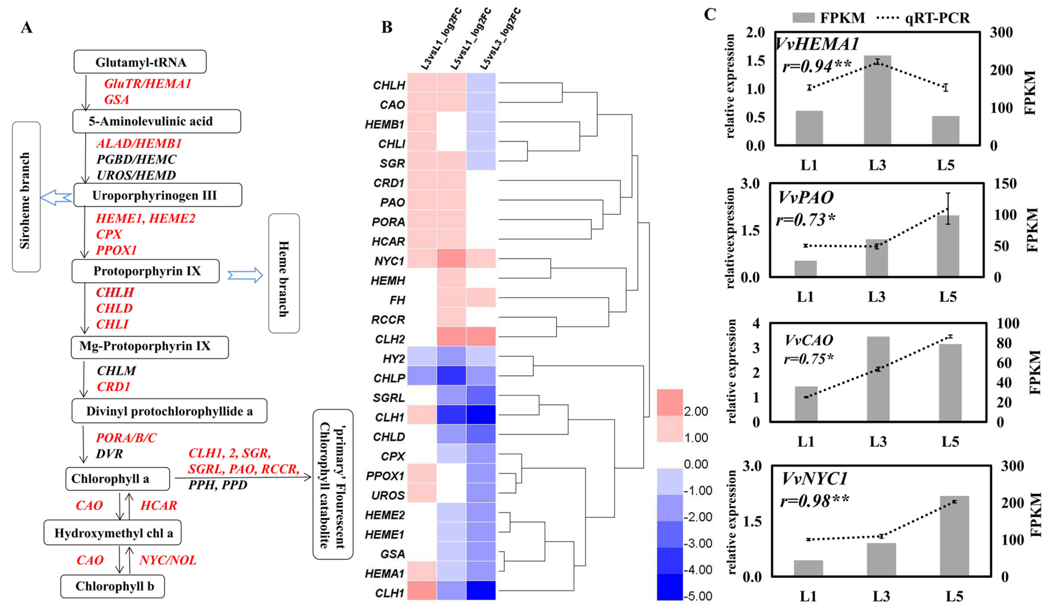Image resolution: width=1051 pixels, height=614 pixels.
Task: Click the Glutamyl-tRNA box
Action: pyautogui.click(x=140, y=62)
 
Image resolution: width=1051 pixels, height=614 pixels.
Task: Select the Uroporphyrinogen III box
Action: pyautogui.click(x=158, y=195)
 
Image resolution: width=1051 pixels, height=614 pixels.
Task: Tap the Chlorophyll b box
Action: pyautogui.click(x=113, y=586)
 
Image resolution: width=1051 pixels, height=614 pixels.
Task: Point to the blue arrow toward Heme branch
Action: pyautogui.click(x=245, y=275)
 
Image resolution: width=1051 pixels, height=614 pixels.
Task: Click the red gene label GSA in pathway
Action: pyautogui.click(x=116, y=100)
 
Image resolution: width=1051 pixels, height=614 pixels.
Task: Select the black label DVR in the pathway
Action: pyautogui.click(x=109, y=453)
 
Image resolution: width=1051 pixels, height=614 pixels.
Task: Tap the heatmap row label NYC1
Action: pyautogui.click(x=389, y=261)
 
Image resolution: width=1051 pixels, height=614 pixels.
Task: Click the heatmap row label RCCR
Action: pyautogui.click(x=388, y=320)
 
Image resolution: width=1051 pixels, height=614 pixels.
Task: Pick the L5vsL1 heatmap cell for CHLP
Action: pyautogui.click(x=451, y=376)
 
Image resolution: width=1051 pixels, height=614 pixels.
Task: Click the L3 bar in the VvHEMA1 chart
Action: pyautogui.click(x=877, y=100)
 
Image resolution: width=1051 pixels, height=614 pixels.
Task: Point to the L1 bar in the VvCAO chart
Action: pyautogui.click(x=806, y=404)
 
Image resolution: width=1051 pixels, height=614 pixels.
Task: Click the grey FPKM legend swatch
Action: pyautogui.click(x=803, y=17)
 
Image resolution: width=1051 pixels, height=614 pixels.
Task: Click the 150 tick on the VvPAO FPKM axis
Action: pyautogui.click(x=1005, y=184)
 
